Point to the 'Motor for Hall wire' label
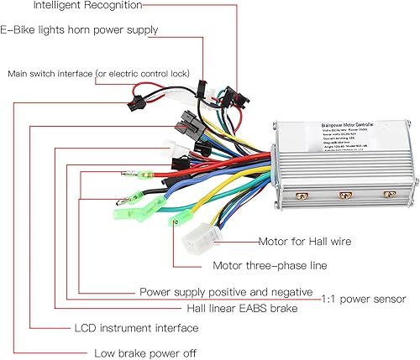(x=305, y=242)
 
